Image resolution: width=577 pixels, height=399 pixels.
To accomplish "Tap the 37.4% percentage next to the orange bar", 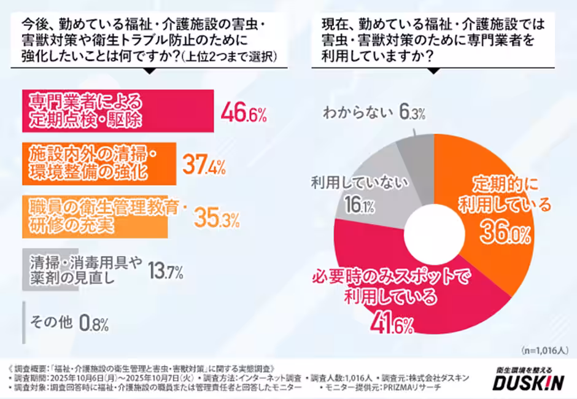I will click(x=204, y=165).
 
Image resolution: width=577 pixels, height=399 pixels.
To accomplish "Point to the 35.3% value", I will click(x=215, y=217).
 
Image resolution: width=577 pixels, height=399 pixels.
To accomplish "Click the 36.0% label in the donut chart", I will click(x=503, y=233).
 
